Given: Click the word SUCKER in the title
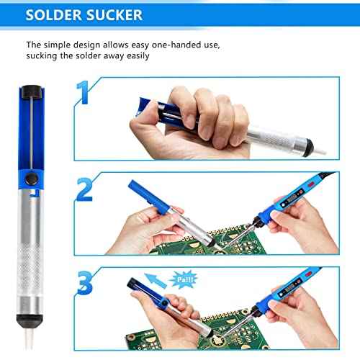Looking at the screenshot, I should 109,14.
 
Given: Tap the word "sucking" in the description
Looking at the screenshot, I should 46,56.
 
